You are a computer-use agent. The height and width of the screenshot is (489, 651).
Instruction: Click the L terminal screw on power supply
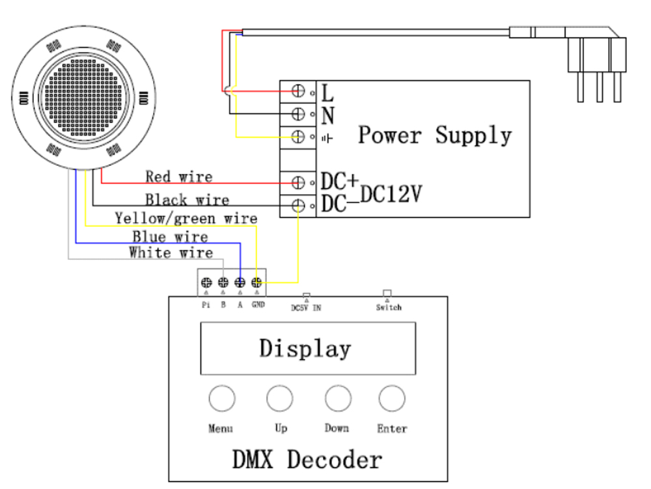pyautogui.click(x=299, y=91)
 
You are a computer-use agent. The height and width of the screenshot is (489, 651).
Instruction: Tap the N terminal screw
pyautogui.click(x=299, y=114)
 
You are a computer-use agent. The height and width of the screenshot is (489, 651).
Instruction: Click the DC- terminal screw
pyautogui.click(x=299, y=206)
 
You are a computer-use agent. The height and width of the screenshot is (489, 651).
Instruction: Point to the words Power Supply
pyautogui.click(x=434, y=135)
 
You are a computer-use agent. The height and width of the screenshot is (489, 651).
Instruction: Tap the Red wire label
pyautogui.click(x=178, y=176)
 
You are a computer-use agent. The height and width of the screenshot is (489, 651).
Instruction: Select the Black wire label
pyautogui.click(x=187, y=200)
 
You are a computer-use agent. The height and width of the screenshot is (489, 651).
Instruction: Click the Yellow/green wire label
pyautogui.click(x=186, y=217)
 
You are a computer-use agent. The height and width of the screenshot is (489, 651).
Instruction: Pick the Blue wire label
pyautogui.click(x=170, y=236)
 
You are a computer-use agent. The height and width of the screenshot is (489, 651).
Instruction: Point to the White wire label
pyautogui.click(x=171, y=253)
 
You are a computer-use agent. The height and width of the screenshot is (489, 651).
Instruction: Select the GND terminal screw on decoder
pyautogui.click(x=256, y=283)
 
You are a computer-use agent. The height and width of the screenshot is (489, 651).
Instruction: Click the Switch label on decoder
pyautogui.click(x=389, y=307)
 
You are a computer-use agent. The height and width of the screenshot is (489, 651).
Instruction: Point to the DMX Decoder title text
pyautogui.click(x=307, y=460)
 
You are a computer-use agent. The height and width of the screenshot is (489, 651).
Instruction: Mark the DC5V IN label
pyautogui.click(x=306, y=308)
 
